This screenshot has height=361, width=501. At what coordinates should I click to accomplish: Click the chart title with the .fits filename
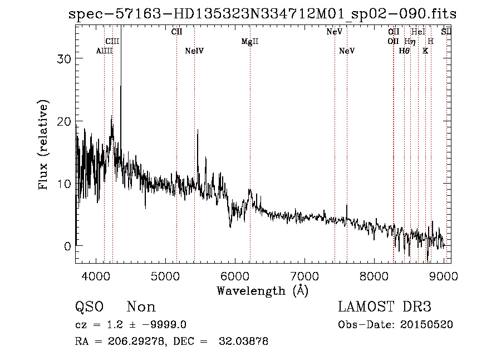262,14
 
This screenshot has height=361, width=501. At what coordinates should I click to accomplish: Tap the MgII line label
250,42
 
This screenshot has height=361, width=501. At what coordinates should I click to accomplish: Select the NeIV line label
194,51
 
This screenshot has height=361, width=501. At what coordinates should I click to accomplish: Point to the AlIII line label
105,51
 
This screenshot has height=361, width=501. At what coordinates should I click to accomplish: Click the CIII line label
112,42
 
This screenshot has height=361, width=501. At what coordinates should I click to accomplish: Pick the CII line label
176,32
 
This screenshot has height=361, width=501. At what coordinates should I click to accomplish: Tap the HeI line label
418,32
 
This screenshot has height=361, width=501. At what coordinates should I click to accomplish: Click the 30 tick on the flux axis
65,59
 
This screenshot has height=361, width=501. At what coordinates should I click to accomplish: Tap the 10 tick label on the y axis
65,184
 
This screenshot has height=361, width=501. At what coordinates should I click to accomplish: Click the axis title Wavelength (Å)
262,290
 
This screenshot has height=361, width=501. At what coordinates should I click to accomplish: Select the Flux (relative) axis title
45,145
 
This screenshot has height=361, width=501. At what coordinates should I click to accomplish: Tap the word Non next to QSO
141,307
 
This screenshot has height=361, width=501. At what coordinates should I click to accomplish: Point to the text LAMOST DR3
385,307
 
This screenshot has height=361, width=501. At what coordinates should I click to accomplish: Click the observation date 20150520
426,325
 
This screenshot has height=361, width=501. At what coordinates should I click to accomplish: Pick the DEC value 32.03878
243,342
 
